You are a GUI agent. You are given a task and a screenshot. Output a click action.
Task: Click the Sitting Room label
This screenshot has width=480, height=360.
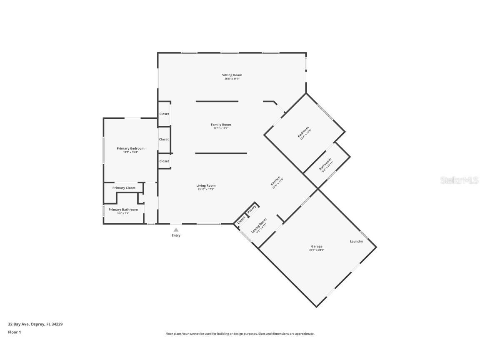coord(232,75)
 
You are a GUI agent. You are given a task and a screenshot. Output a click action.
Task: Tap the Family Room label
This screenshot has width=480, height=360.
coord(221,125)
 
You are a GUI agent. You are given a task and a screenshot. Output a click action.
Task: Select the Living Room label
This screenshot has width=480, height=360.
coord(206,185)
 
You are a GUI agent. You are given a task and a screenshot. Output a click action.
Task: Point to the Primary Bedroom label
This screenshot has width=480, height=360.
coord(130,148)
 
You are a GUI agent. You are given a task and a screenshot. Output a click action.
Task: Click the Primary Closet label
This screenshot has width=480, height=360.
coord(124,188)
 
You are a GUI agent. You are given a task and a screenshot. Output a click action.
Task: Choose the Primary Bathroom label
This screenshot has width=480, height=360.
coord(123,210)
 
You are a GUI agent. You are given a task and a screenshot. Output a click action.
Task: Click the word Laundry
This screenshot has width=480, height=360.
coord(356,241)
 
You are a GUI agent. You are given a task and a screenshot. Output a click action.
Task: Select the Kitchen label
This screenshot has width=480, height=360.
coord(275,180)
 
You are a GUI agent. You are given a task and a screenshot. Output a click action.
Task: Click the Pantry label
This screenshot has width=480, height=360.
coord(252,210)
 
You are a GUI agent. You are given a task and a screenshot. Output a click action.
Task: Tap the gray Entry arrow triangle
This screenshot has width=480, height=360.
coord(176,230)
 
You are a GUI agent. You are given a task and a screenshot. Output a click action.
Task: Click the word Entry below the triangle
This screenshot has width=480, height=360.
coord(176,235)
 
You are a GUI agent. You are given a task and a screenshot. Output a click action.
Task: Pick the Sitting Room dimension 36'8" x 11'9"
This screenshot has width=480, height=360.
coord(232,79)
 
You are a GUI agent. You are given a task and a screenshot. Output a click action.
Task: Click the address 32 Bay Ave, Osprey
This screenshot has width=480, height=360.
coord(35,324)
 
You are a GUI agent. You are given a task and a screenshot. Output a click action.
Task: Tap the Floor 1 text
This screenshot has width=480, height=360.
coord(14,332)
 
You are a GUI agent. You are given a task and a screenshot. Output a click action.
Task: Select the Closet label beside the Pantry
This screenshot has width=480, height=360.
coord(241,220)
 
